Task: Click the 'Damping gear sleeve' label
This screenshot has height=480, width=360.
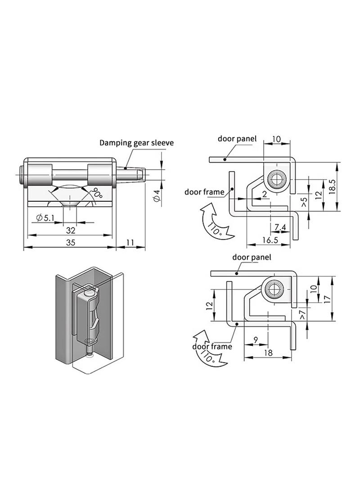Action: coord(136,143)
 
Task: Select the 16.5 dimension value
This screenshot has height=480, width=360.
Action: coord(270,240)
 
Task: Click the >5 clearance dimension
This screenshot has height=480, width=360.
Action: coord(304,202)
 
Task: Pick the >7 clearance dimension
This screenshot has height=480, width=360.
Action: coord(302,315)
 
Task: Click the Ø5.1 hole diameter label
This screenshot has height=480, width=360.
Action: coord(45,218)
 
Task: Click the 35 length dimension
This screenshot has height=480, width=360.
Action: coord(70,242)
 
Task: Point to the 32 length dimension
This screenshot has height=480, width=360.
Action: coord(70,230)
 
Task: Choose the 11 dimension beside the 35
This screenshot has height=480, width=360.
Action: coord(130,242)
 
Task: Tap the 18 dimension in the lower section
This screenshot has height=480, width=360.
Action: coord(268,353)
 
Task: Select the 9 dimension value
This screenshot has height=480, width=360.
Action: coord(256,340)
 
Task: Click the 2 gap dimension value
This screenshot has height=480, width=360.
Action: coord(265,194)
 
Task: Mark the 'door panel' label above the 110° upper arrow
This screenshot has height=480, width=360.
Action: coord(237,139)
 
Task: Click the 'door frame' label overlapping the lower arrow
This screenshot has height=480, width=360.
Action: coord(212,346)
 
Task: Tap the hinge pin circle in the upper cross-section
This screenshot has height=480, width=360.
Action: coord(276,179)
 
